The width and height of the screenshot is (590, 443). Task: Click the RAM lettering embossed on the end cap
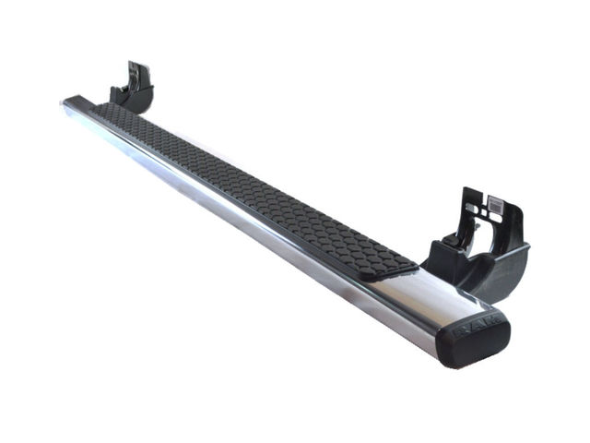click(x=478, y=324)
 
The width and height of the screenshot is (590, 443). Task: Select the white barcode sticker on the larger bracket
click(x=495, y=206)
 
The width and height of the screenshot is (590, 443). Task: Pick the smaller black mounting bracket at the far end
click(x=132, y=88)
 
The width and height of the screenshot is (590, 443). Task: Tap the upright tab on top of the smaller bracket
click(x=138, y=74)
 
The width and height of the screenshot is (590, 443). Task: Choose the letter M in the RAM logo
click(x=493, y=320)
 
